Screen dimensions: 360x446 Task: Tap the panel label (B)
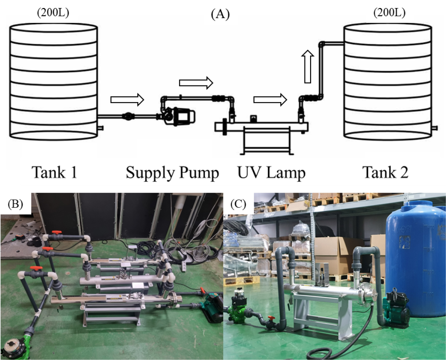15,204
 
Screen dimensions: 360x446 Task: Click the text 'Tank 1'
54,172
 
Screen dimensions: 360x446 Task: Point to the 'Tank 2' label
386,172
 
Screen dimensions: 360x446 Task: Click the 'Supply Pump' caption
172,173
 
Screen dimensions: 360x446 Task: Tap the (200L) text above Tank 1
53,13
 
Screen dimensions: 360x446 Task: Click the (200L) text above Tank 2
389,13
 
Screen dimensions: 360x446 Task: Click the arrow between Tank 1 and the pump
127,99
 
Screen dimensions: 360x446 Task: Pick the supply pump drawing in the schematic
179,116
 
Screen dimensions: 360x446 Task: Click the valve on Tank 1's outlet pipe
128,117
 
